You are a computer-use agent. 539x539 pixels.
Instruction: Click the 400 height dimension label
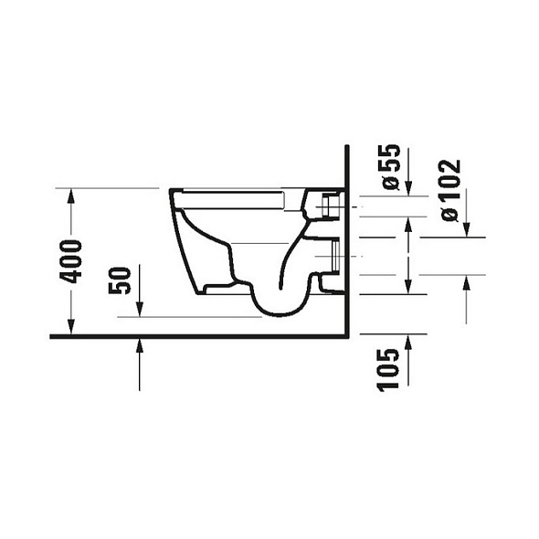pos(71,262)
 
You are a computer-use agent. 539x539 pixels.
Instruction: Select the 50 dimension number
pos(120,280)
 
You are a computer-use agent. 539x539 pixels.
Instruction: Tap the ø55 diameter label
pos(391,166)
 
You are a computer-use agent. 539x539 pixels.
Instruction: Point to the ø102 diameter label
pos(449,190)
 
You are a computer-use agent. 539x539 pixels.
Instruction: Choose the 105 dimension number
pos(388,370)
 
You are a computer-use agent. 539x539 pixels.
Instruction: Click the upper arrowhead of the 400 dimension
pos(71,196)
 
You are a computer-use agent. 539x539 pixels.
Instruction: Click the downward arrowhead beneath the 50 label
pos(139,309)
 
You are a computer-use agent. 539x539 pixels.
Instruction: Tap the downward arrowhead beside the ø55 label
pos(408,188)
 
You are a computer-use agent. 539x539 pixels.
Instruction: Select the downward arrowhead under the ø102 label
pos(467,229)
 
